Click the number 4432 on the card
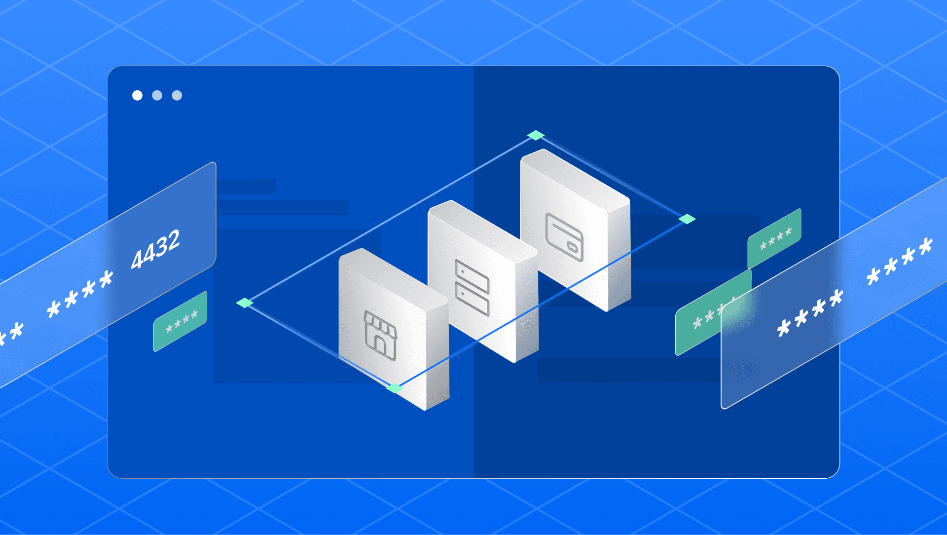coord(155,249)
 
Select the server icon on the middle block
coord(473,288)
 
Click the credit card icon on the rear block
coord(565,237)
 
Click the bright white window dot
coord(138,95)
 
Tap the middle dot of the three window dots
coord(157,95)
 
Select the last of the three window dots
coord(177,95)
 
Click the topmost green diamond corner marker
coord(536,135)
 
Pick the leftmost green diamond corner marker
coord(245,303)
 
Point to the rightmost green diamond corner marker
coord(687,219)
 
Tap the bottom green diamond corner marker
coord(394,388)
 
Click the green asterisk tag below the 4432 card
coord(181,321)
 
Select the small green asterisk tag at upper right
coord(774,239)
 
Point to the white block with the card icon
coord(576,230)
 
